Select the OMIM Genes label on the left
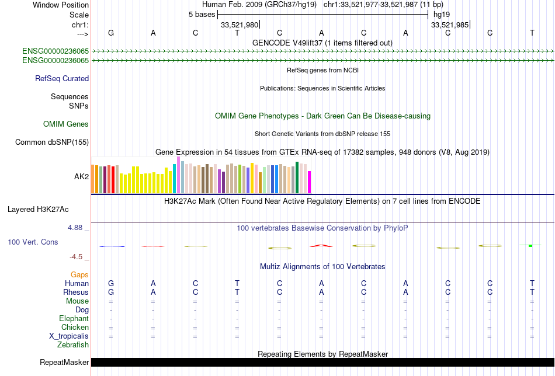[66, 124]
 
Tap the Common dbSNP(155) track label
[52, 142]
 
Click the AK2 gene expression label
[81, 176]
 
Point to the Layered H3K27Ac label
[48, 209]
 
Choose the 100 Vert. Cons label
[33, 242]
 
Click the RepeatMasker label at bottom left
[64, 363]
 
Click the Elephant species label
[74, 319]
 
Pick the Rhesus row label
[76, 292]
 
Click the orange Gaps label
[79, 274]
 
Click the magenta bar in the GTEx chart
[310, 182]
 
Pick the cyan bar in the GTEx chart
[175, 179]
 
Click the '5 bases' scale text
[202, 15]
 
